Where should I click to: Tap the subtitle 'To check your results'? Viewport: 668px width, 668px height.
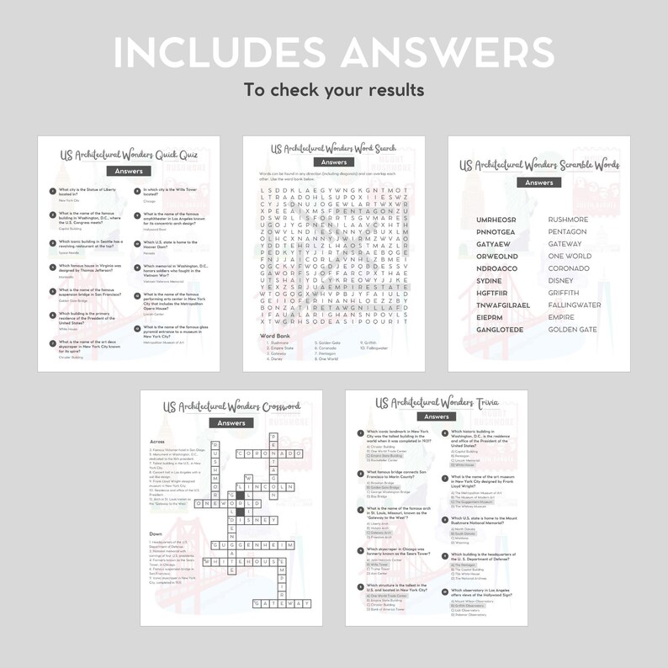(333, 89)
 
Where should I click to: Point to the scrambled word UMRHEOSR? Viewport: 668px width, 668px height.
(496, 220)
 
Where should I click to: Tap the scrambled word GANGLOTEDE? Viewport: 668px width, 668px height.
(500, 329)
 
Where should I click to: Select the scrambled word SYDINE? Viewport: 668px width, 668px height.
(489, 280)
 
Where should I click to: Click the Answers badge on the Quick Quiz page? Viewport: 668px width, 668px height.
(130, 171)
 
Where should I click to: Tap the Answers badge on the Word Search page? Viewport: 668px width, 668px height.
(334, 162)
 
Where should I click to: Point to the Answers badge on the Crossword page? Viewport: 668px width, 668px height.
(231, 423)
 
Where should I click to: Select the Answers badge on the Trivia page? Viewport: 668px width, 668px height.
(436, 416)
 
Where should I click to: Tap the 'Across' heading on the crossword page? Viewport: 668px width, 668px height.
(156, 440)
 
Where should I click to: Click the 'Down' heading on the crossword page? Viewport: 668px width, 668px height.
(156, 533)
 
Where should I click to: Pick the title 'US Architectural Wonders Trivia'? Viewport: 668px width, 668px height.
(436, 401)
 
